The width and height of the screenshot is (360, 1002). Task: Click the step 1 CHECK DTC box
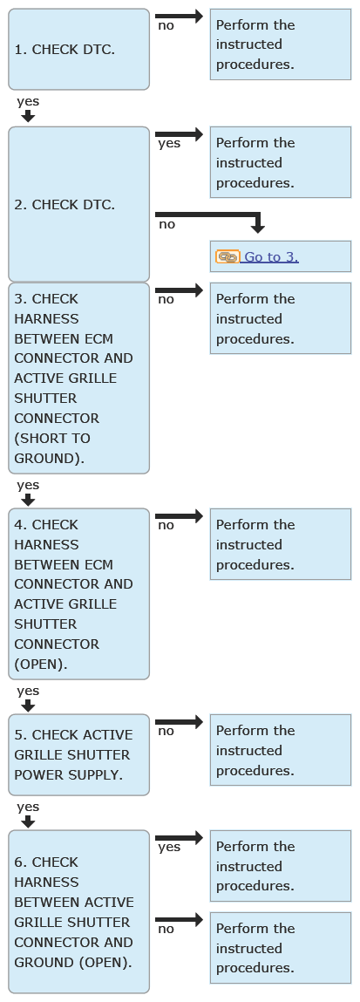(x=78, y=49)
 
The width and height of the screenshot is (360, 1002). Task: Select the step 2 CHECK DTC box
(x=78, y=204)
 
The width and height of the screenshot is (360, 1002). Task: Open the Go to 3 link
(x=271, y=257)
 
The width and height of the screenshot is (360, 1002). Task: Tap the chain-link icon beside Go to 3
(x=228, y=257)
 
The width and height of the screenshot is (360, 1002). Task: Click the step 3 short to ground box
(x=78, y=378)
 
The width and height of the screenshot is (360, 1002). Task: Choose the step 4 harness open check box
(x=78, y=594)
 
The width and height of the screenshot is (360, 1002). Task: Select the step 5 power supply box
(x=78, y=754)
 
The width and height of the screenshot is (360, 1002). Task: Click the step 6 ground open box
(x=78, y=912)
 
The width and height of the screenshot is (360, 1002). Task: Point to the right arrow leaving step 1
(x=180, y=16)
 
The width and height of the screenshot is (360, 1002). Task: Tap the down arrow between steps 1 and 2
(x=27, y=116)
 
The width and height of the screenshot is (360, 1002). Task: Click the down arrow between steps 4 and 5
(x=27, y=705)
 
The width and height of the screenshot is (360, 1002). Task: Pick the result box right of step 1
(x=280, y=44)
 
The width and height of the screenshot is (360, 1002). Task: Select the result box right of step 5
(x=280, y=750)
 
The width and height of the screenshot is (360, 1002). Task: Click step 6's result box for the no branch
(x=280, y=948)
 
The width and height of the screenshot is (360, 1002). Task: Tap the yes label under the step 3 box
(x=28, y=485)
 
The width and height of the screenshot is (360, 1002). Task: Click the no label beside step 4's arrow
(x=166, y=525)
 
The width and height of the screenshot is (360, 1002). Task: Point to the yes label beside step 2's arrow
(x=169, y=143)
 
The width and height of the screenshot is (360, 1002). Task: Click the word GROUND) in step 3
(x=49, y=458)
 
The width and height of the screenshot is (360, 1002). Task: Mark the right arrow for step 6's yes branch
(x=180, y=837)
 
